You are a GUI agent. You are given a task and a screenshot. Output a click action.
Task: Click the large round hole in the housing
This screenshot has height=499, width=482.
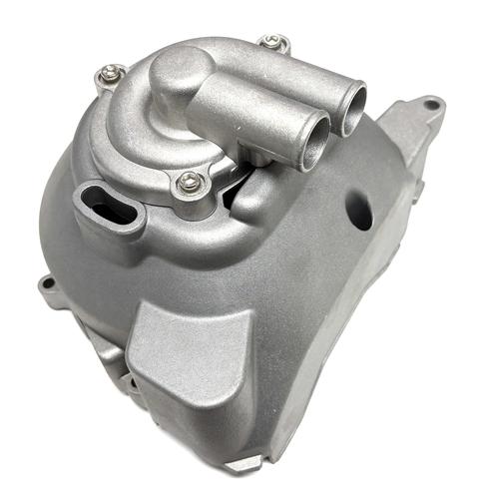click(360, 211)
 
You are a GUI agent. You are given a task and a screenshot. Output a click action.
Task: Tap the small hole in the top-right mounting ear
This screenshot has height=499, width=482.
click(428, 103)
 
